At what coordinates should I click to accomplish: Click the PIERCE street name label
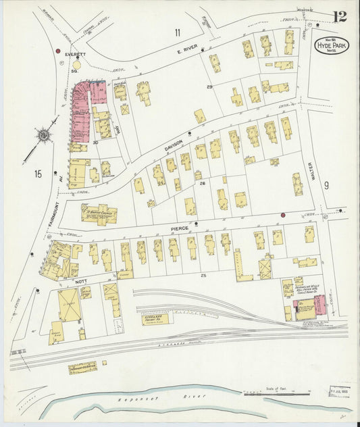tap(179, 228)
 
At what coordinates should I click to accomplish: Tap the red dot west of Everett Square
tap(58, 51)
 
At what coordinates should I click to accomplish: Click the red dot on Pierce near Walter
tap(283, 215)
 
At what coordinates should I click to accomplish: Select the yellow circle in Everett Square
tap(75, 66)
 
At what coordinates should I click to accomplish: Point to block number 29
tap(209, 87)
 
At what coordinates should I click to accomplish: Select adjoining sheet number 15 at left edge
tap(37, 174)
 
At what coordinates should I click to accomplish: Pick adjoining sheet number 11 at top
tap(177, 32)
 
